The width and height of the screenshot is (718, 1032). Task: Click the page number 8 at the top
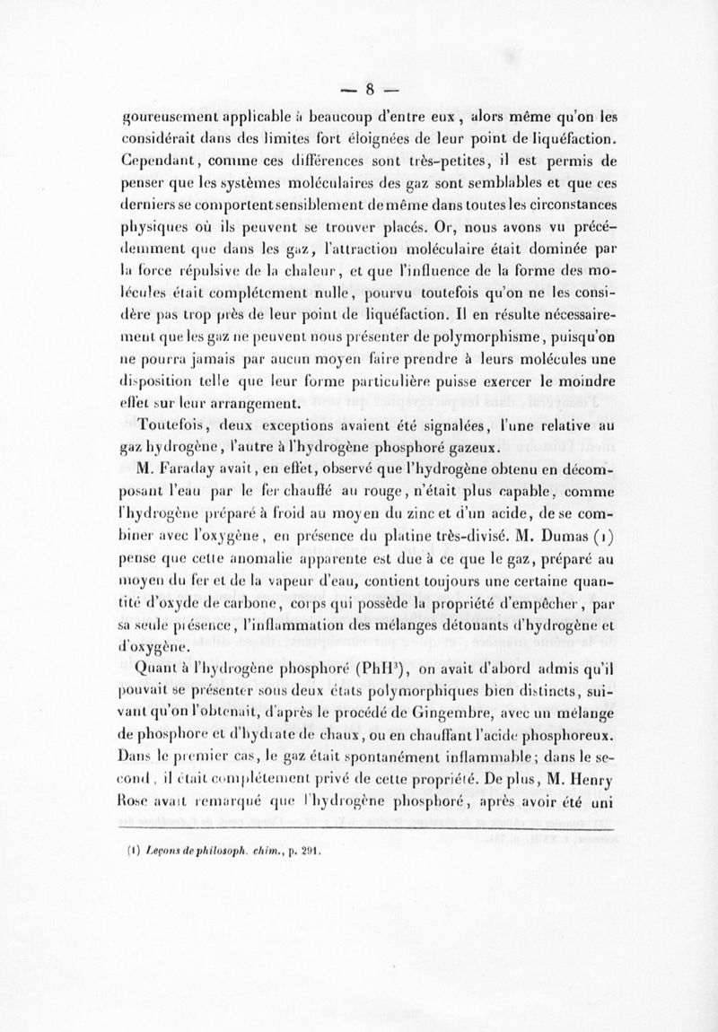tap(366, 89)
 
